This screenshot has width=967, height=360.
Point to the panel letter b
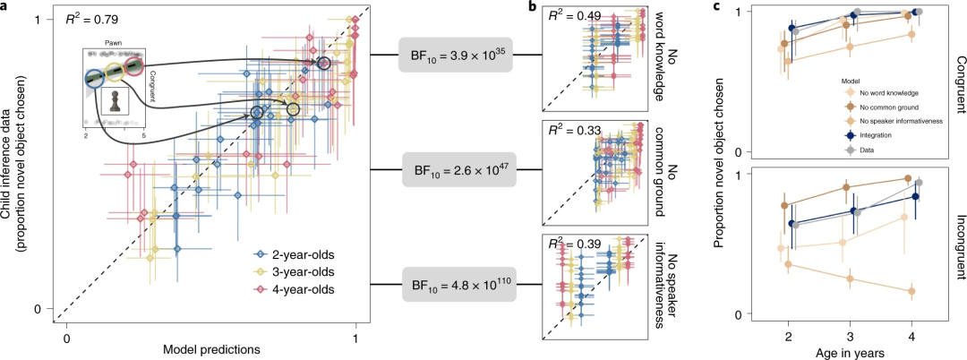pyautogui.click(x=532, y=9)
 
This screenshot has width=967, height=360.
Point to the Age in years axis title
pyautogui.click(x=851, y=350)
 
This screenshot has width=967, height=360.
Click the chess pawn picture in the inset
pyautogui.click(x=116, y=100)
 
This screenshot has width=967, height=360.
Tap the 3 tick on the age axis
pyautogui.click(x=851, y=333)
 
